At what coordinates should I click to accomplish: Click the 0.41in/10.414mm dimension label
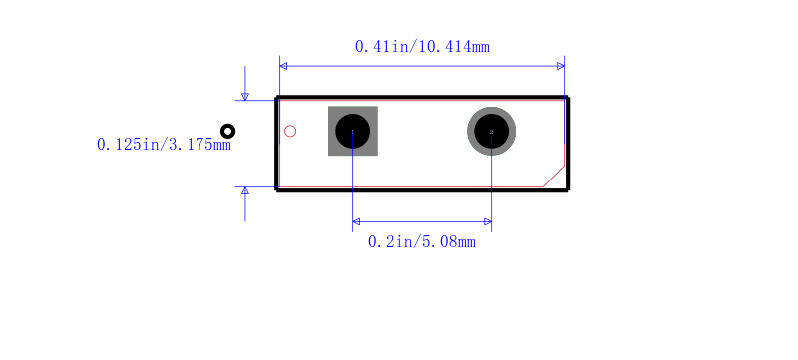coord(422,47)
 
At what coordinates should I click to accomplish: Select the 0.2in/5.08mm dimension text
coord(421,242)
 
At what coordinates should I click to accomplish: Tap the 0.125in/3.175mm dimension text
coord(164,145)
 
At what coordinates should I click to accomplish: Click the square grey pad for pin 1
coord(353,131)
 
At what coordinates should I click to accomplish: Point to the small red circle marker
coord(290,132)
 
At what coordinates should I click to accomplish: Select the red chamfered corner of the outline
coord(554,176)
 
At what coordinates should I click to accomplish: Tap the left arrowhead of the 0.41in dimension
coord(283,66)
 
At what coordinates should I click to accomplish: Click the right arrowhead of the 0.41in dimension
coord(561,66)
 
